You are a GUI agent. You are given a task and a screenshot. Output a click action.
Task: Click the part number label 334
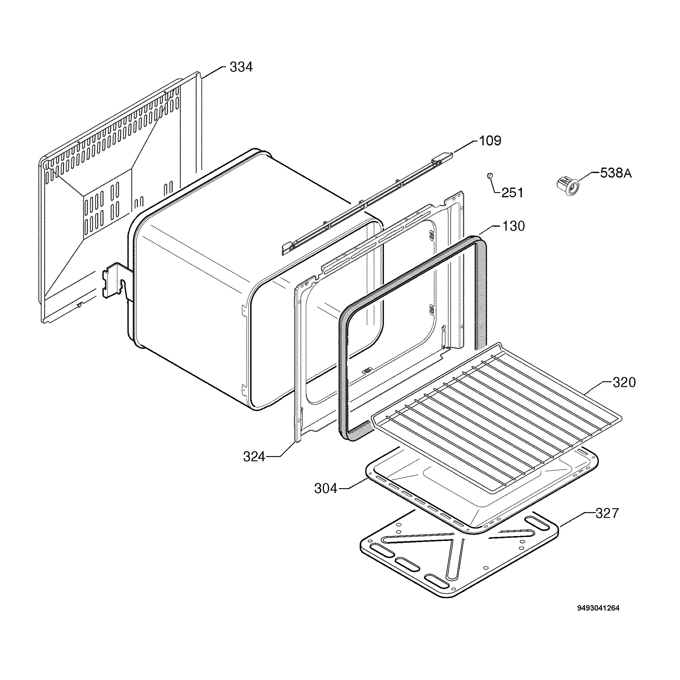(x=241, y=67)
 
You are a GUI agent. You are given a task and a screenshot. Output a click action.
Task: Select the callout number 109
(x=490, y=141)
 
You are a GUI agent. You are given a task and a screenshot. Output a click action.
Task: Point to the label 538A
(x=616, y=173)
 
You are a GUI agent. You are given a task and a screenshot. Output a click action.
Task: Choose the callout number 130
(x=513, y=226)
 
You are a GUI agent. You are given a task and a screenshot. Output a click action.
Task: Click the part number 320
(x=624, y=382)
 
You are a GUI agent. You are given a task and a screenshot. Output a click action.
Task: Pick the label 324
(x=254, y=457)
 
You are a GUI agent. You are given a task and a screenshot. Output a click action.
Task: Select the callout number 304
(x=326, y=488)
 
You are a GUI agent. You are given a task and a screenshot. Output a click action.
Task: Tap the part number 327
(x=607, y=513)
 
